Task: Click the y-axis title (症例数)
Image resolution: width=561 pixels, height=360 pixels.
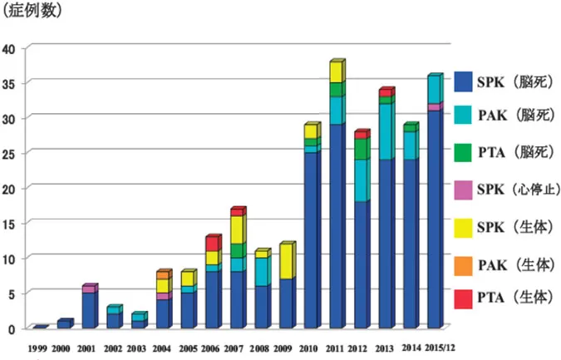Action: click(x=32, y=12)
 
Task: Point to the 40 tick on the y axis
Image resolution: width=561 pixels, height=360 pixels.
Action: click(x=9, y=48)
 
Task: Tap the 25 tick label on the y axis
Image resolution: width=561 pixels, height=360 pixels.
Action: click(x=9, y=153)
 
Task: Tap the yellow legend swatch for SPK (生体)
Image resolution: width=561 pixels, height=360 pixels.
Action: click(x=463, y=225)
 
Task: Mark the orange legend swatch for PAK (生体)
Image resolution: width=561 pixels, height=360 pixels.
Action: click(x=463, y=261)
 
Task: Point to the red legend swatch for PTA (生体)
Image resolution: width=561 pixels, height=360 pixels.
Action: click(x=463, y=297)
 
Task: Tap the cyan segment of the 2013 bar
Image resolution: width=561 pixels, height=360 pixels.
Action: click(x=385, y=132)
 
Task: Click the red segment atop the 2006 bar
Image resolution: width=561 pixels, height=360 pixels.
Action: click(x=211, y=244)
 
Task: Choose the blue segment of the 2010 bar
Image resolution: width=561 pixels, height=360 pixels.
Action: click(x=311, y=241)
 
